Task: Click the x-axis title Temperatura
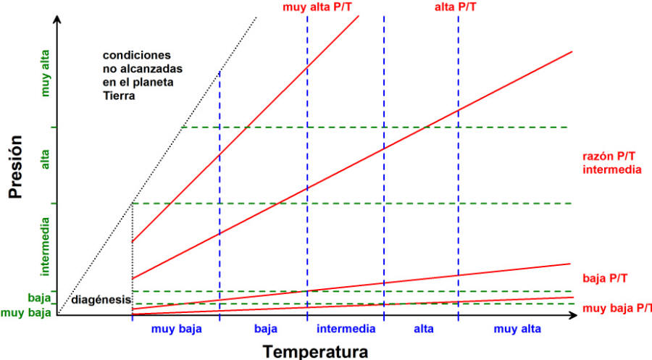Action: point(314,351)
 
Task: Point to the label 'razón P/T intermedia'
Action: point(611,163)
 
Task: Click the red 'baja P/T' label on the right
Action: point(604,278)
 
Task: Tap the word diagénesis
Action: point(101,300)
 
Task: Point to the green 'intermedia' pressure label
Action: point(46,246)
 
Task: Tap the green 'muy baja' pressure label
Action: point(26,313)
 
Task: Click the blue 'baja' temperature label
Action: point(266,329)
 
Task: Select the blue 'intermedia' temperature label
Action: point(346,329)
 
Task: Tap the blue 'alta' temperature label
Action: point(424,329)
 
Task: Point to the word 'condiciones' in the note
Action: point(137,55)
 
